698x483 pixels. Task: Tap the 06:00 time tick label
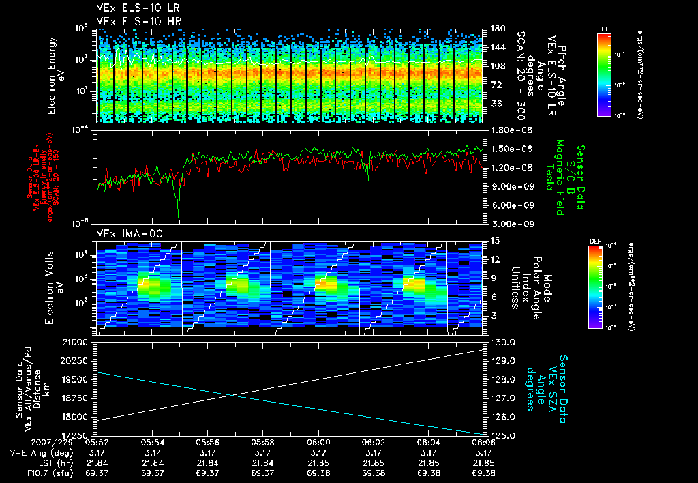coord(318,442)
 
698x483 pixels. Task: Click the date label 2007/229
coord(24,442)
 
